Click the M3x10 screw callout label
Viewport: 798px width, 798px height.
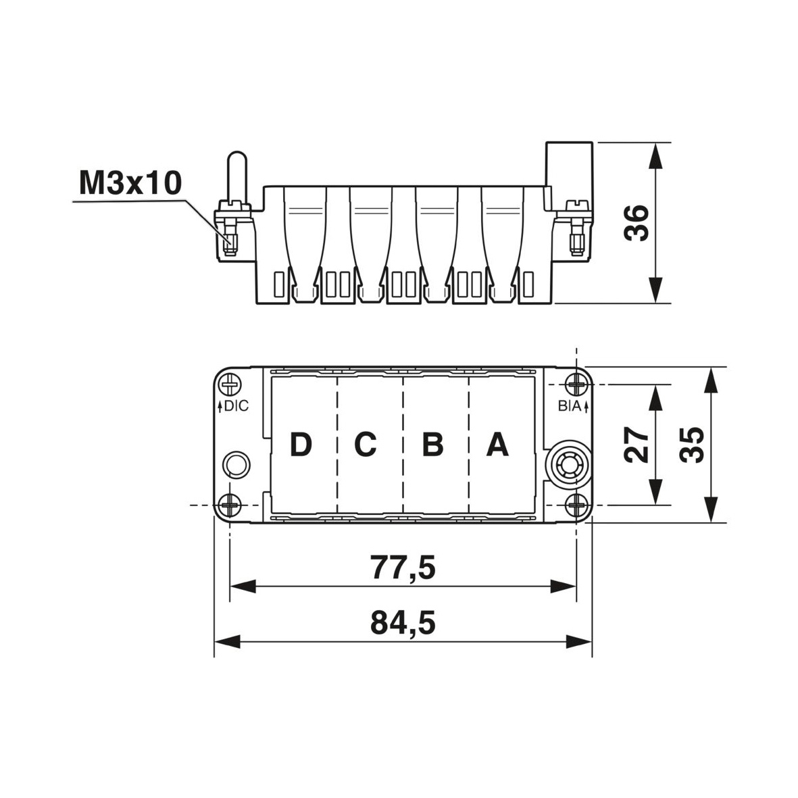click(x=130, y=183)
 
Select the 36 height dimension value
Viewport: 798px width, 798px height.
click(x=637, y=223)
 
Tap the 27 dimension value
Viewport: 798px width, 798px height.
click(x=637, y=445)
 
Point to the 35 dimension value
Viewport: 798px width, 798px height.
click(x=692, y=445)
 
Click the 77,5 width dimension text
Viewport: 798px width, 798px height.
click(x=403, y=567)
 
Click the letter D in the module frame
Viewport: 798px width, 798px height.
click(x=301, y=445)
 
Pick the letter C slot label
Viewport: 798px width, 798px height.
click(x=366, y=445)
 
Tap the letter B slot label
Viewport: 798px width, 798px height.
click(x=433, y=445)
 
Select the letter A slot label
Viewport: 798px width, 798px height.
click(x=497, y=445)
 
